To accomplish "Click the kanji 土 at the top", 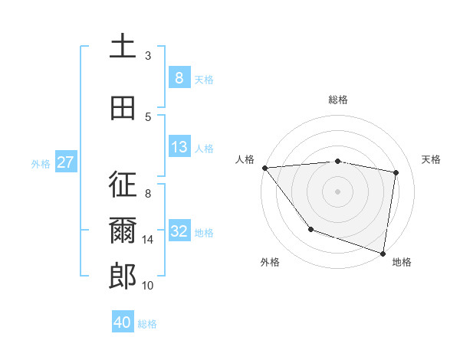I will tap(123, 47).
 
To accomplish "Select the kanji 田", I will tap(123, 108).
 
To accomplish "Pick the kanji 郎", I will tap(123, 277).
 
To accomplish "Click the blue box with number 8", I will tap(179, 77).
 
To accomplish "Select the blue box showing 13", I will tap(179, 147).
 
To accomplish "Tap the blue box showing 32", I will tap(179, 232).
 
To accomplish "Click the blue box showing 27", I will tap(66, 162).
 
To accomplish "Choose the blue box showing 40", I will tap(123, 322).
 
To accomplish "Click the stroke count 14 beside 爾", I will tap(148, 240).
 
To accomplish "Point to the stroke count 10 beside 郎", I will tap(148, 286).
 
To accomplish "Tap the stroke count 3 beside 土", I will tap(148, 56).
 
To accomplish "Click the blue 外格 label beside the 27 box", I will tap(41, 163).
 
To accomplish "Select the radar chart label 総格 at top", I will tap(338, 100).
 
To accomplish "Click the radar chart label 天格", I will tap(431, 159).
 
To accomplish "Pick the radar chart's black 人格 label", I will tap(245, 159).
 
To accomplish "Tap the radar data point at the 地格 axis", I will tap(383, 253).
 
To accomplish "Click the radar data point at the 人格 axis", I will tap(264, 168).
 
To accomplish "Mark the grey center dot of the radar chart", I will tap(338, 191).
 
